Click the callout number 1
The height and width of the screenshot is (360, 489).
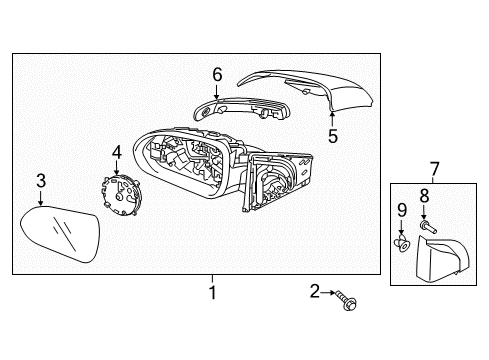[212, 292]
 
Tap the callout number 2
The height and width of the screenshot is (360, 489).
[314, 291]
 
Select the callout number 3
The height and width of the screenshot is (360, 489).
[41, 181]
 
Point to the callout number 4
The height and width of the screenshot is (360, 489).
[117, 152]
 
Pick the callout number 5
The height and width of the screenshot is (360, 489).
[333, 136]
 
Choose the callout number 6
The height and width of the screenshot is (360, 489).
[217, 74]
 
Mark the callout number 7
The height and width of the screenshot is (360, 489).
[434, 169]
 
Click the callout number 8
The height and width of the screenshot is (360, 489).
[424, 196]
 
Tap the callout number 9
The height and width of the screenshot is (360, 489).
[402, 210]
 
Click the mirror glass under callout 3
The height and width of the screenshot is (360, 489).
[60, 235]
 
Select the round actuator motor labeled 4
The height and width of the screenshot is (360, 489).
[121, 196]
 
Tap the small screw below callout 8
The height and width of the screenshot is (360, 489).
[428, 227]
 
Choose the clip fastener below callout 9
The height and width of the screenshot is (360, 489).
[402, 243]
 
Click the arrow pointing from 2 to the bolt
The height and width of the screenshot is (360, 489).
[328, 293]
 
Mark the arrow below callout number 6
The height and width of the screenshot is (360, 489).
[217, 91]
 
